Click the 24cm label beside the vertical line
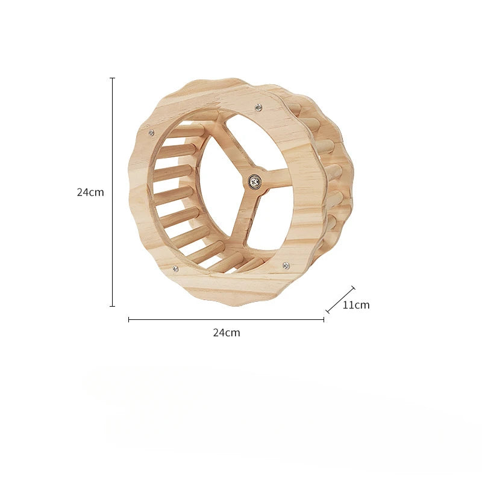(90, 193)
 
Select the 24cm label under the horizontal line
(227, 333)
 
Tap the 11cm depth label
(356, 305)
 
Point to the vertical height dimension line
(112, 193)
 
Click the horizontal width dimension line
(227, 320)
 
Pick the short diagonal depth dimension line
(340, 300)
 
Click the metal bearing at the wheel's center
(255, 180)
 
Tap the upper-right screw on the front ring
(258, 107)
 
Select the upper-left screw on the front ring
(151, 133)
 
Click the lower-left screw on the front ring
(175, 269)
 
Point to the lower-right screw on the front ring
(286, 265)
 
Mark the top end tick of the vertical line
(112, 78)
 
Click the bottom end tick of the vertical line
(112, 306)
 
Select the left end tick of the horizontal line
(129, 320)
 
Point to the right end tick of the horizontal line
(324, 320)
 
